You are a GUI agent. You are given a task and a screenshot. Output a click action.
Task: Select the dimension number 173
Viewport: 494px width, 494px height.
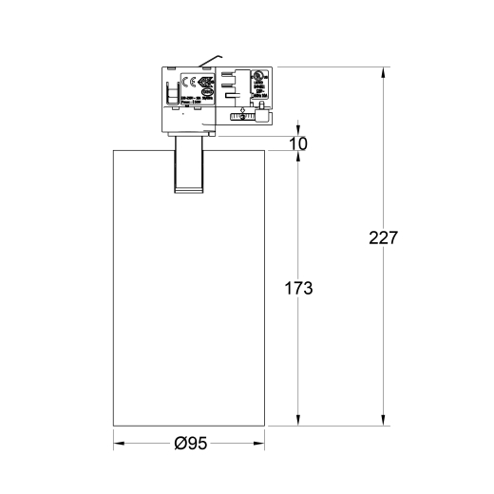[x=298, y=288]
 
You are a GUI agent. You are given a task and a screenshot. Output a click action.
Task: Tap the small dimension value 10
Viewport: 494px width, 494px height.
[x=299, y=143]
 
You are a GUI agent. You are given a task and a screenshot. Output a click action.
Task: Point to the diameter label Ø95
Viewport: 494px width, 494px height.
[x=192, y=443]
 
